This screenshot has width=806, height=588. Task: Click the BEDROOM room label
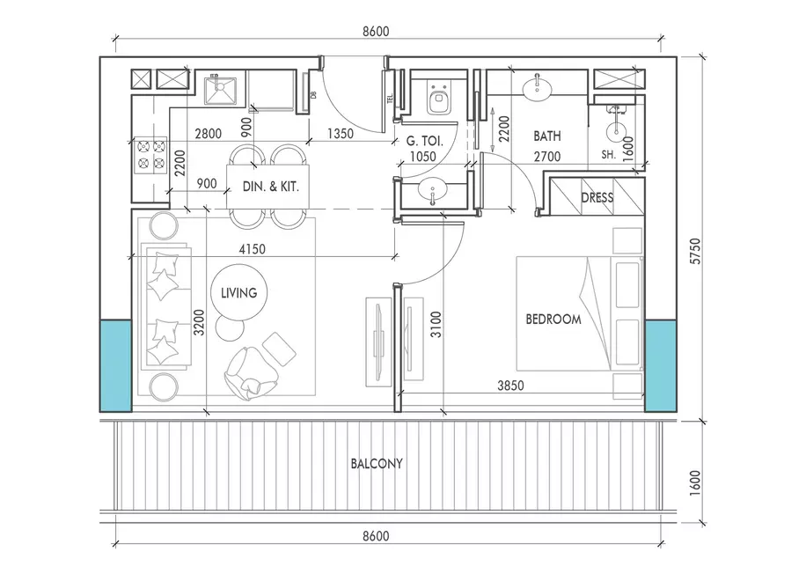(553, 320)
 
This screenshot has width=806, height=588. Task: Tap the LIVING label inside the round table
(239, 293)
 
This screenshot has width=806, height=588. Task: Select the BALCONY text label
(377, 464)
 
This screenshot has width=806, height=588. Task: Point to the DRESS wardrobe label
(597, 197)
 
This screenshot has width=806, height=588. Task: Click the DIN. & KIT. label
(270, 187)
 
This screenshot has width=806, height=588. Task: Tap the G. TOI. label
(425, 141)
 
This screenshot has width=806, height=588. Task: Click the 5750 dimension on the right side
(695, 251)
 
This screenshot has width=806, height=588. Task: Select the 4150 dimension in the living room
(253, 249)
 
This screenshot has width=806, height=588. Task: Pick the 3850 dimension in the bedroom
(510, 386)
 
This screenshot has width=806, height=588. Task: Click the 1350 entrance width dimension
(341, 134)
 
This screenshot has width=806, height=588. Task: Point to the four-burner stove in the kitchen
(151, 155)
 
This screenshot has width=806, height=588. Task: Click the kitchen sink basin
(221, 91)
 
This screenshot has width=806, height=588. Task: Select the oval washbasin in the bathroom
(538, 89)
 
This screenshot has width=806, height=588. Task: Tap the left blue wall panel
(115, 365)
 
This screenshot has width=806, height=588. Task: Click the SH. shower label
(609, 154)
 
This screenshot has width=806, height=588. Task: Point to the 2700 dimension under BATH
(547, 157)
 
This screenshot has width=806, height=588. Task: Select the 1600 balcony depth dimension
(695, 482)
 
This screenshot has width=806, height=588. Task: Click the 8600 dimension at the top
(376, 32)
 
